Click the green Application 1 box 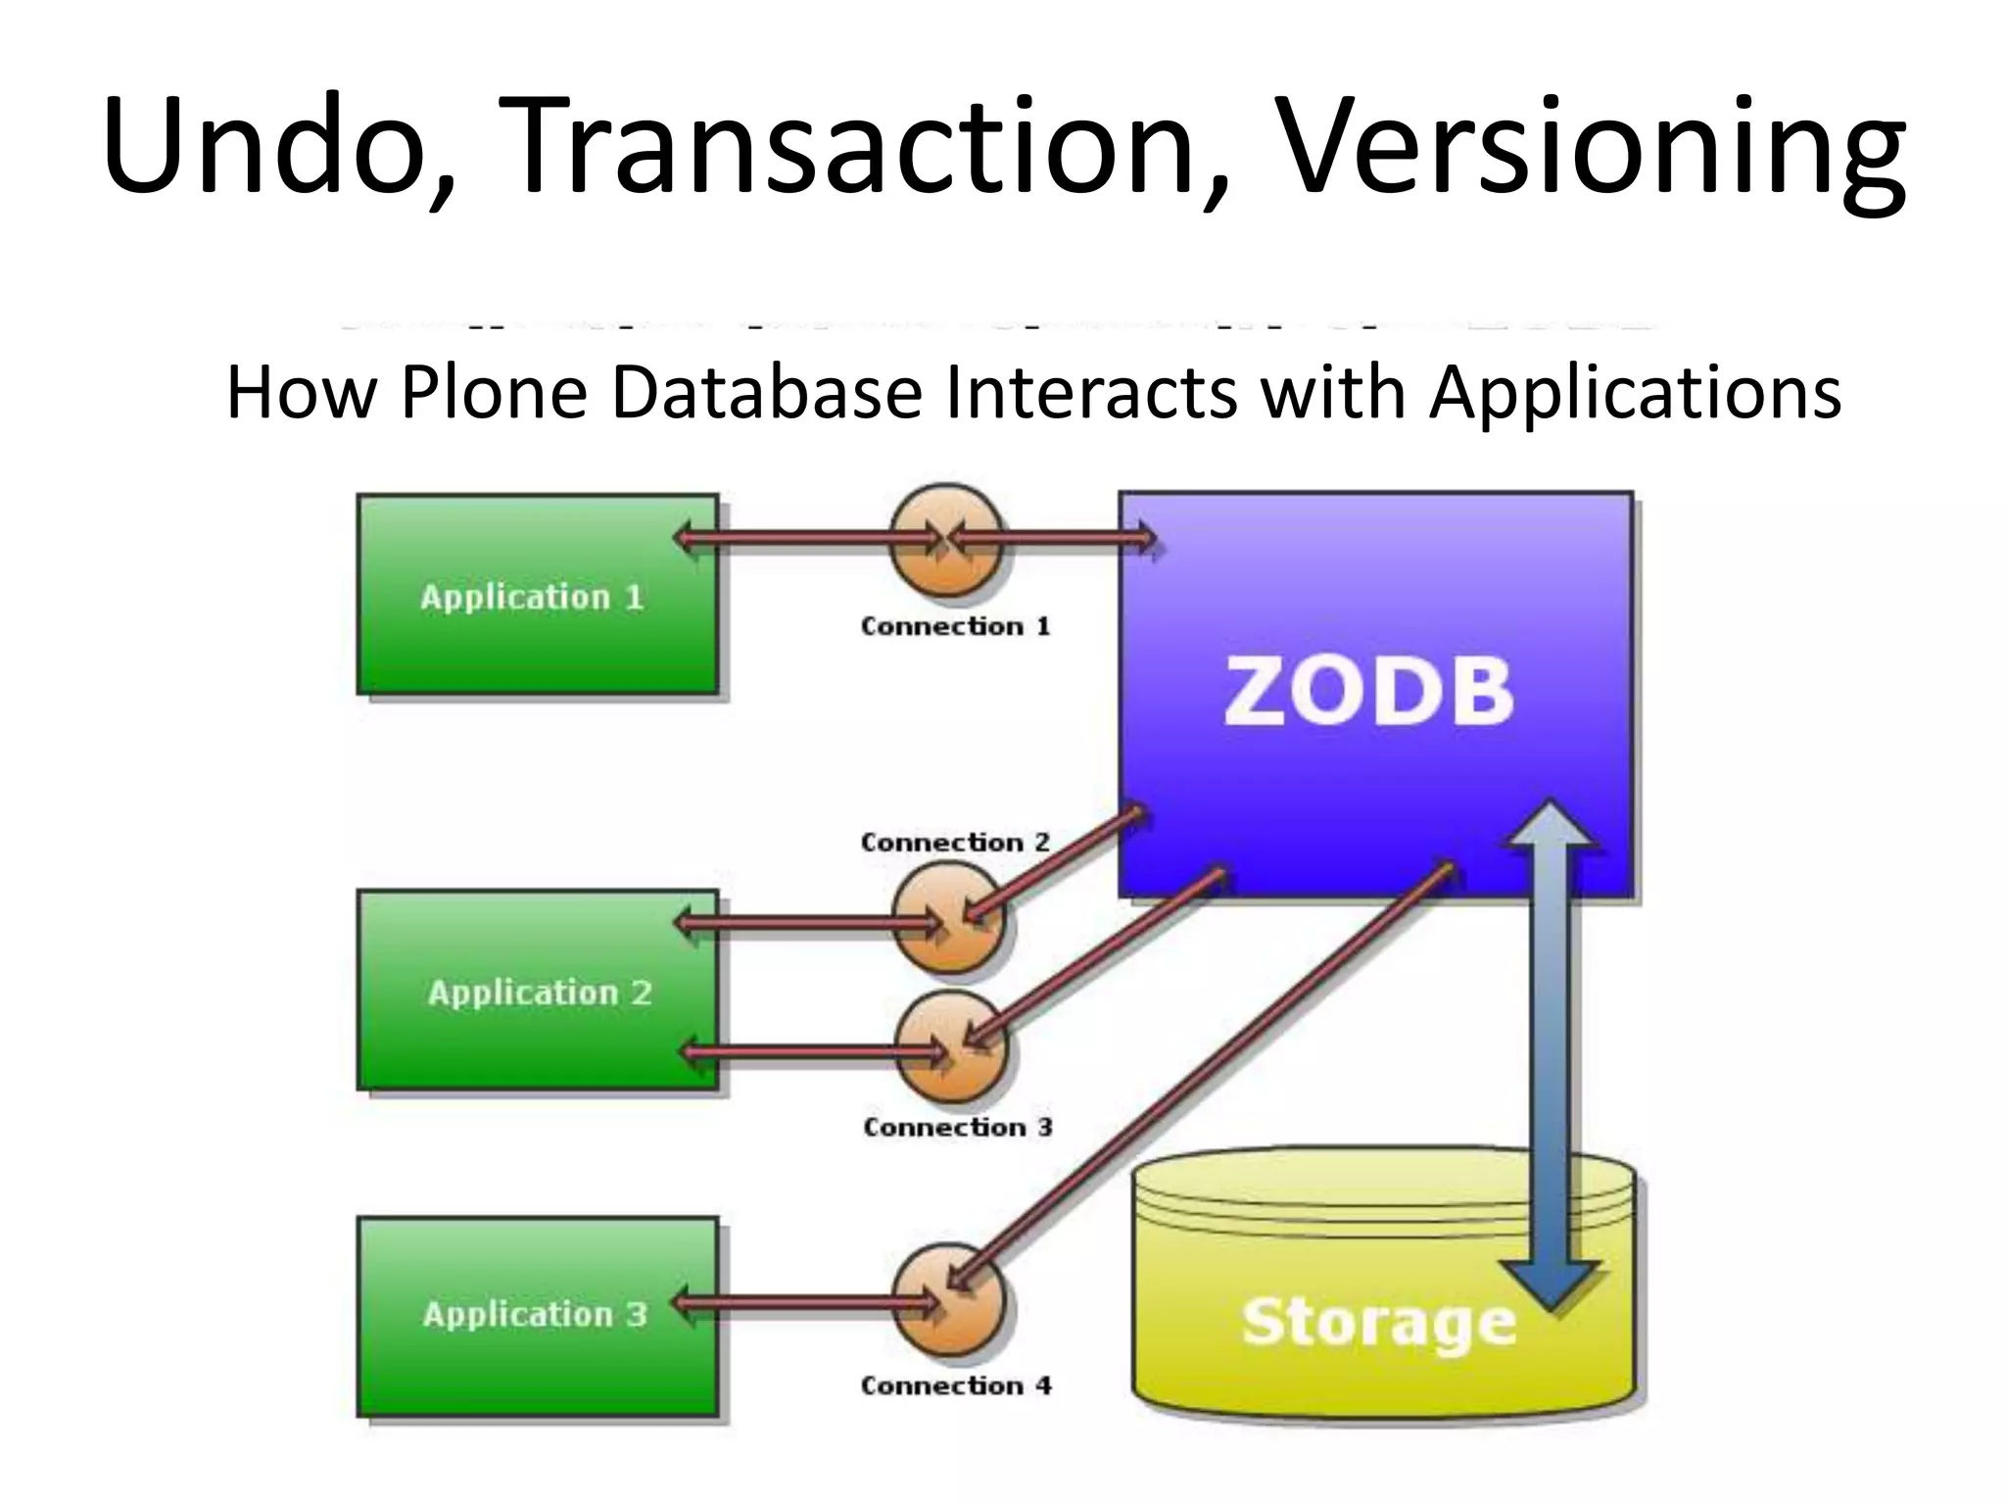537,596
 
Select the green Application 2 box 537,992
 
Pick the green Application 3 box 537,1315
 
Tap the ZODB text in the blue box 1367,692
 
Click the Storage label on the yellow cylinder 1378,1323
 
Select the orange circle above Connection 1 946,539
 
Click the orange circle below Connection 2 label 948,921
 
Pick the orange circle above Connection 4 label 948,1299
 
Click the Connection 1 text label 954,626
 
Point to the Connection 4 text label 955,1385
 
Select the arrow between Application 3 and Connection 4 803,1304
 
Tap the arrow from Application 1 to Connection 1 803,537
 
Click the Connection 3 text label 957,1128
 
